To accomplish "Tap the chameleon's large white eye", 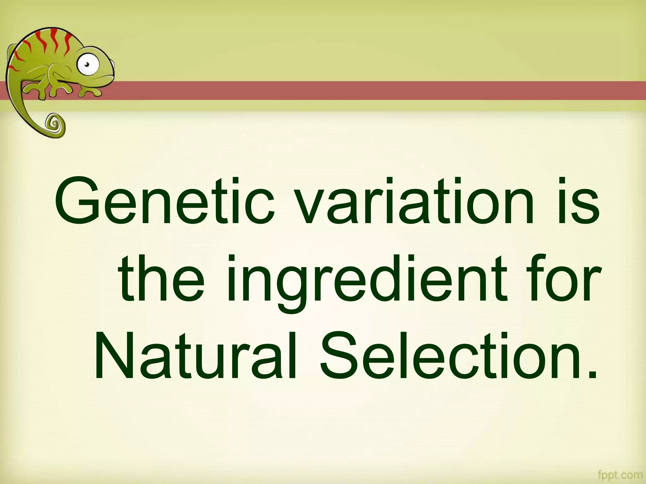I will tap(88, 65).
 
